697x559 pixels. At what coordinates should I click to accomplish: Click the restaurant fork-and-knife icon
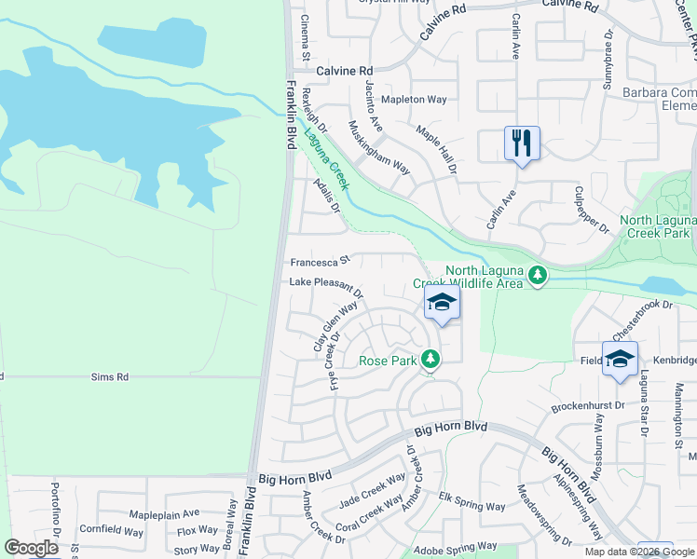522,143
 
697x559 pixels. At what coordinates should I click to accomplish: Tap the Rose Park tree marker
430,358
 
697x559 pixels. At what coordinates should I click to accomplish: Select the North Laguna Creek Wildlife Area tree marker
537,275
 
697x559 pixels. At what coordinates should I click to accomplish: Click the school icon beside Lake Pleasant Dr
443,302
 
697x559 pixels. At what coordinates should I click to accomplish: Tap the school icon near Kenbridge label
620,359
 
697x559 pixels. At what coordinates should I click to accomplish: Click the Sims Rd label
109,377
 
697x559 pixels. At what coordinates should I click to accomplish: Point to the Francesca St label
319,261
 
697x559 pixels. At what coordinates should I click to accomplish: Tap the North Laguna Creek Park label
658,226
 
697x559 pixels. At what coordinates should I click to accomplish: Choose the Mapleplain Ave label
165,513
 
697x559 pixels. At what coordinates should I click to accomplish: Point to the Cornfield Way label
111,532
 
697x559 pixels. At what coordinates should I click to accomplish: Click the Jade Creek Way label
373,488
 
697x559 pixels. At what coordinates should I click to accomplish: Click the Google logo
31,548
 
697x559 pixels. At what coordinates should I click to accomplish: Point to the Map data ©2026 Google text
638,552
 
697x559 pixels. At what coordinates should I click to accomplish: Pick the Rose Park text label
387,360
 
